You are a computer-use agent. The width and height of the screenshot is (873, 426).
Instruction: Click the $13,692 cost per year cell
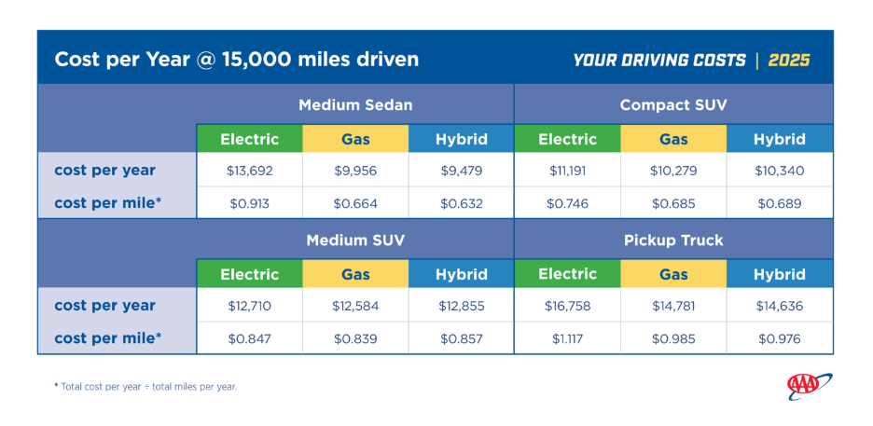(249, 171)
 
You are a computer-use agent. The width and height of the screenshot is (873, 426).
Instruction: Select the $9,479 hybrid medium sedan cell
(461, 171)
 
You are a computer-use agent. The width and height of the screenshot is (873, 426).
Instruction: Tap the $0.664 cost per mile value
(355, 203)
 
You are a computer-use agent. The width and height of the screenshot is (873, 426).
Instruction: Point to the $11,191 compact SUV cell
(567, 171)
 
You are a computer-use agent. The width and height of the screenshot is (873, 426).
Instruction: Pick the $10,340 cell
(780, 171)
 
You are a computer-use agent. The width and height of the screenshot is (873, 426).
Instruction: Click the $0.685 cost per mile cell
(673, 203)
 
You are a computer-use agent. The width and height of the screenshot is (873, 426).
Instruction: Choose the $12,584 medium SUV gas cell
(355, 306)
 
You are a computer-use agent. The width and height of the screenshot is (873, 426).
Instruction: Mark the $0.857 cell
(461, 338)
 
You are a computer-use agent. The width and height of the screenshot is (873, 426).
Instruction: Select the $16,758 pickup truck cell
(567, 306)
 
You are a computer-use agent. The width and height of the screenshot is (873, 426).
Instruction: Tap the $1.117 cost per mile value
(567, 338)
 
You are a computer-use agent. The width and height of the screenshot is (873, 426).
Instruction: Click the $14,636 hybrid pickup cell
(780, 306)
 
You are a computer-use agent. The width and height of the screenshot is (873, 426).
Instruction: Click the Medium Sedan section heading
(355, 104)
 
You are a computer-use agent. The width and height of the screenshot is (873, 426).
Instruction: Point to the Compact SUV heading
(673, 104)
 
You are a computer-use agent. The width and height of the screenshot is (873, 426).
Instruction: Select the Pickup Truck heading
(673, 240)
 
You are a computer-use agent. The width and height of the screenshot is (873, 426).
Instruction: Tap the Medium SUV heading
(355, 240)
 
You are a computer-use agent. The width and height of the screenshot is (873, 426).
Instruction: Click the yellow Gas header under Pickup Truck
(673, 274)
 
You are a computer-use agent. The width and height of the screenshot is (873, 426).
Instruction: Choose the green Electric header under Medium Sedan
(249, 139)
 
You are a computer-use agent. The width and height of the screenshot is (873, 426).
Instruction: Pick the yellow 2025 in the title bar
(789, 60)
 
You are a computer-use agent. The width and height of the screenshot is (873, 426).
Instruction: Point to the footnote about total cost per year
(145, 387)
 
